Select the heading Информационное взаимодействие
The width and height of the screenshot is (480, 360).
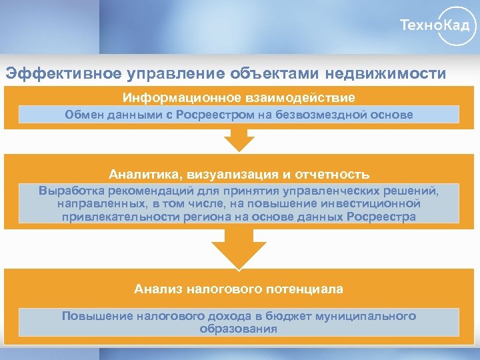239,97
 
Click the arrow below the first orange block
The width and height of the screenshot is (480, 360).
239,140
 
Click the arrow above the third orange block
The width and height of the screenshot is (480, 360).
239,249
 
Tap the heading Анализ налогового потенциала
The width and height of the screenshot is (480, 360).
239,289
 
